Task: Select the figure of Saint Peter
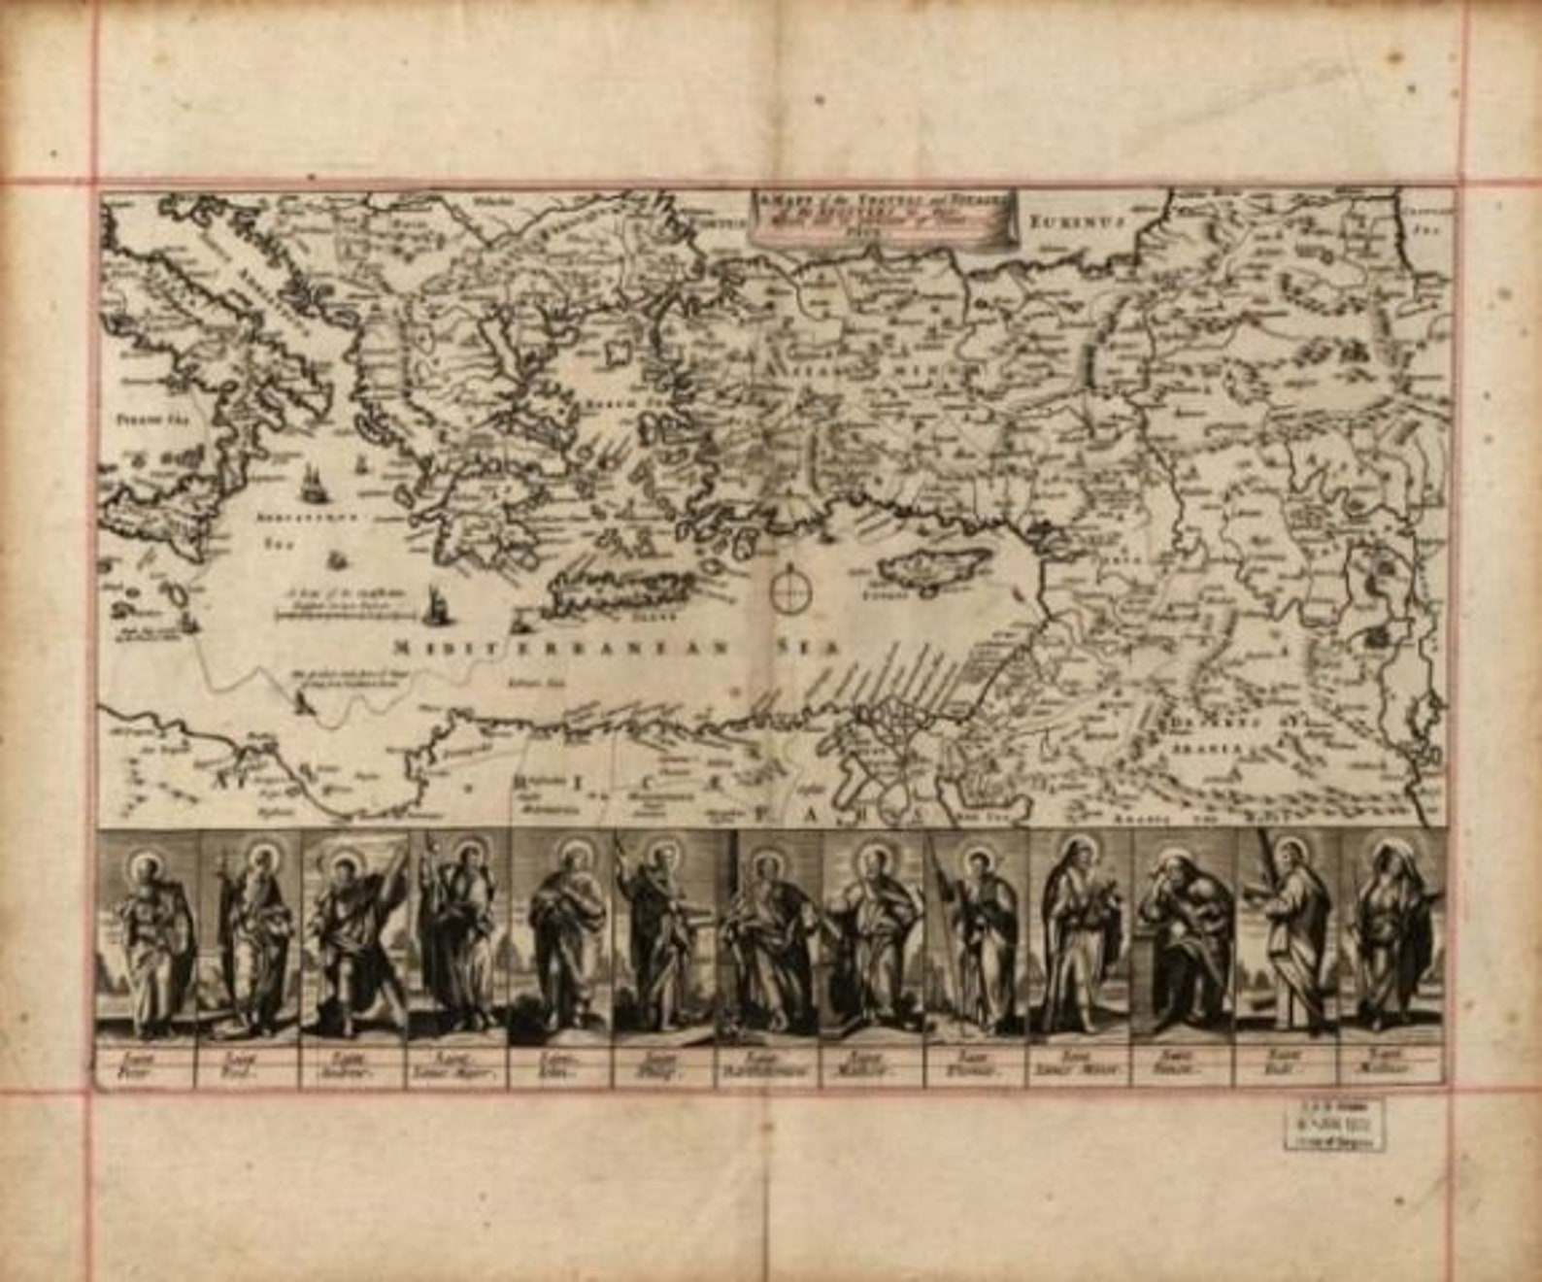(149, 942)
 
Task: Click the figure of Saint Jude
(1289, 937)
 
